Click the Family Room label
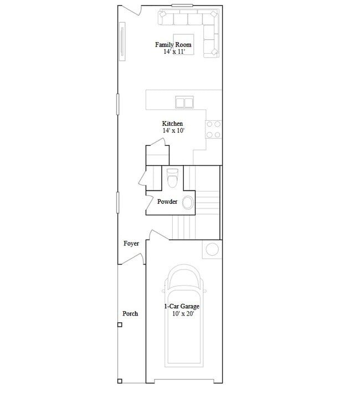click(173, 45)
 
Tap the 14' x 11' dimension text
click(174, 51)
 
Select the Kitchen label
click(172, 123)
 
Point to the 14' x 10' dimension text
click(173, 131)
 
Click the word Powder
click(167, 202)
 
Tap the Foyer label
click(131, 244)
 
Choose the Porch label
click(130, 313)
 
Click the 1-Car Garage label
click(182, 306)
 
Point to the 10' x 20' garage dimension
click(183, 314)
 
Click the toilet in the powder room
click(173, 178)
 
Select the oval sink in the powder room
click(188, 203)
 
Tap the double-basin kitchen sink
click(184, 102)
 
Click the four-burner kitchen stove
click(213, 130)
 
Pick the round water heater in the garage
click(212, 249)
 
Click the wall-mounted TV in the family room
click(122, 42)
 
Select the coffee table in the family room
click(183, 44)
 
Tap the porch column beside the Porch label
click(120, 324)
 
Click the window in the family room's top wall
click(182, 6)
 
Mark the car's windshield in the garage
click(183, 278)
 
